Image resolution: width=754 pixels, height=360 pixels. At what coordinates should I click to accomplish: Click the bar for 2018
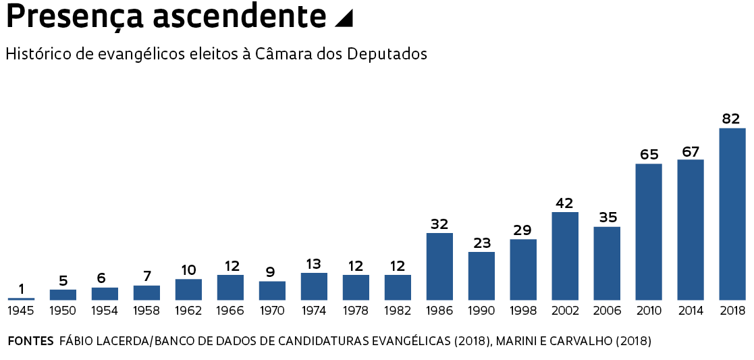click(732, 213)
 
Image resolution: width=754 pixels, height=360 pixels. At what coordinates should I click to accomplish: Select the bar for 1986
click(439, 266)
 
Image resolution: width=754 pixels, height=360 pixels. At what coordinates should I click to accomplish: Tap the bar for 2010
click(649, 232)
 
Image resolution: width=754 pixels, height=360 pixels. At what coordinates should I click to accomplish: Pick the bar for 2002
click(565, 256)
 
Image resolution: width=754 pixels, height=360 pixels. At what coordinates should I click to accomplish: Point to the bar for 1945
click(21, 299)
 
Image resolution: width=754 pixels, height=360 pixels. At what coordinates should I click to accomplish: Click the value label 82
click(731, 119)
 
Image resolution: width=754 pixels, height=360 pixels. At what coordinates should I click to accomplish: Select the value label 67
click(690, 151)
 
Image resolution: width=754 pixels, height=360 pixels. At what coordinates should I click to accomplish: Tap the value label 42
click(564, 203)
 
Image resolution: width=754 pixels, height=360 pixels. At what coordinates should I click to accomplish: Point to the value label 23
click(481, 243)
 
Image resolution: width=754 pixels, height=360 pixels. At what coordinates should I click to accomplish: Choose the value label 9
click(271, 272)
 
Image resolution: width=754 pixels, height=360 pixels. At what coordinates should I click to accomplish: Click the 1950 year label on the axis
click(63, 311)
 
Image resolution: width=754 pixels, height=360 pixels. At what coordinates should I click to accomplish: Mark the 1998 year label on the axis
click(523, 311)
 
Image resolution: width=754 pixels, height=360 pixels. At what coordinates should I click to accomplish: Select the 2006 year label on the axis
click(607, 311)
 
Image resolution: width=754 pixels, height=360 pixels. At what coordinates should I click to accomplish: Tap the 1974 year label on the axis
click(314, 311)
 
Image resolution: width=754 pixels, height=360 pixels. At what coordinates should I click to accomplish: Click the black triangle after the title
click(344, 20)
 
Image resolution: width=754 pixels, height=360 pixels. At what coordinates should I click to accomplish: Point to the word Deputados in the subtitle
click(387, 55)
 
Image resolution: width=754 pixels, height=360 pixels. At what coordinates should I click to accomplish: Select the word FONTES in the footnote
click(30, 341)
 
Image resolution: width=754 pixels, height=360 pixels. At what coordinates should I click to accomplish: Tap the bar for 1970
click(272, 290)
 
